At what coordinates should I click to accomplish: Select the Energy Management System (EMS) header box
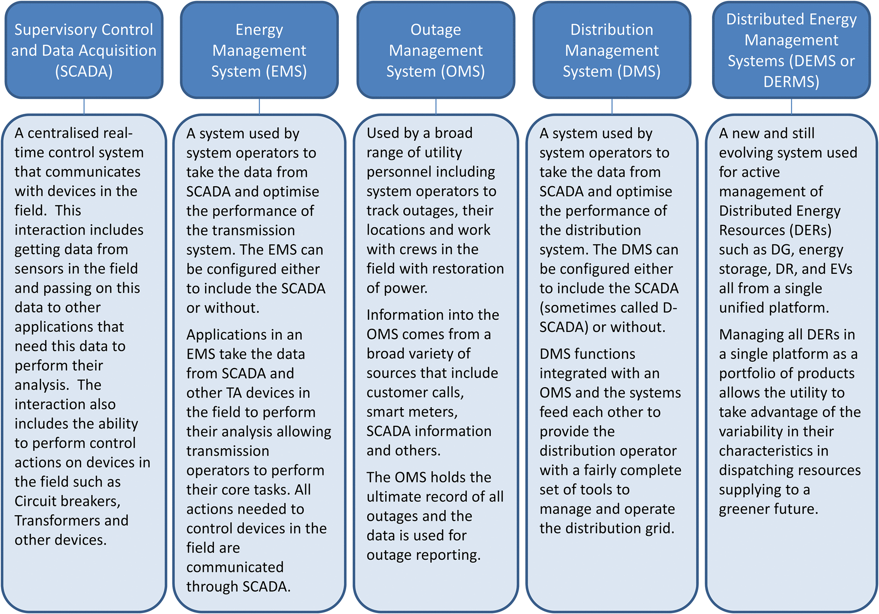coord(259,50)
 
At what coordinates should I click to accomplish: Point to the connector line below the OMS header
coord(436,107)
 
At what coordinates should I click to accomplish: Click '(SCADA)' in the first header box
coord(84,72)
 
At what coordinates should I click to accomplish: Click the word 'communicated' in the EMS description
coord(235,568)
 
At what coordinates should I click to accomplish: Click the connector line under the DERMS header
coord(791,107)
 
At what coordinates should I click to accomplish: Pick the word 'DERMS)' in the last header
coord(791,82)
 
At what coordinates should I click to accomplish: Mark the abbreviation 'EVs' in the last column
coord(840,269)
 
